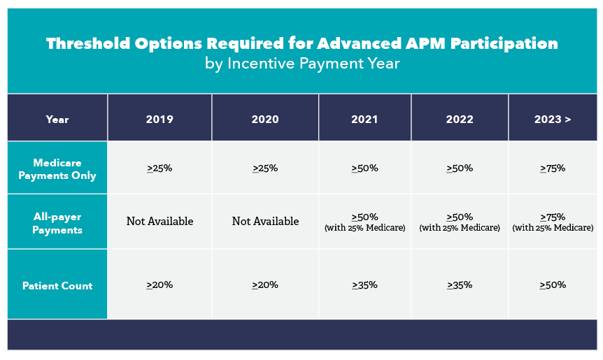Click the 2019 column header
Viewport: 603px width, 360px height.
point(159,119)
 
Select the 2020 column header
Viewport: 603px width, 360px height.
point(265,119)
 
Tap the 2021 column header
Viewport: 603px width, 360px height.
point(364,119)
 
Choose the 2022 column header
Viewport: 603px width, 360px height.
point(460,119)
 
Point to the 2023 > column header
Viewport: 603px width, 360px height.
point(553,119)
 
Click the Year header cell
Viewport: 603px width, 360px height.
point(57,120)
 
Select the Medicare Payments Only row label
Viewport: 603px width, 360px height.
point(57,169)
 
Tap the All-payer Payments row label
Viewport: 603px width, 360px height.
point(57,223)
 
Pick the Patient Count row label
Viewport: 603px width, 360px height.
point(57,286)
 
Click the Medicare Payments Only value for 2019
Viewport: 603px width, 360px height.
point(159,168)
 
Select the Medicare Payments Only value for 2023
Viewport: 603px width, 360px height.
point(553,168)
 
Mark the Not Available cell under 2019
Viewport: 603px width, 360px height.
point(159,222)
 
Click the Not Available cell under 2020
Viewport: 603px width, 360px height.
point(265,222)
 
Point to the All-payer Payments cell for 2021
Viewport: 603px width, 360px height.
point(365,222)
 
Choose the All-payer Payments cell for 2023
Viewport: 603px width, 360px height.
point(553,222)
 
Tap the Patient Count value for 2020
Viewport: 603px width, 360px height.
point(265,285)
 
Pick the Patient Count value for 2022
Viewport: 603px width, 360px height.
point(460,285)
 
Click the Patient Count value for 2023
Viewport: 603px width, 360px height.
point(553,285)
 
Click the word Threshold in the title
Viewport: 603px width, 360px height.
point(88,43)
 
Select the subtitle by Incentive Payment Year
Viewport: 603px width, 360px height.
point(302,64)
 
